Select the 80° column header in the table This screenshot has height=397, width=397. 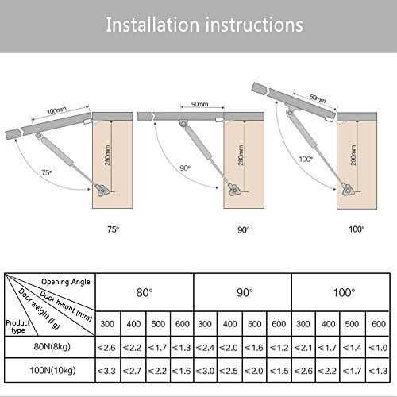(x=145, y=291)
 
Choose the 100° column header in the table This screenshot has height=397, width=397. (x=342, y=291)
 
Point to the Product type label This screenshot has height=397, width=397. (x=20, y=327)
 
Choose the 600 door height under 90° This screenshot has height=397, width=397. (x=279, y=323)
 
